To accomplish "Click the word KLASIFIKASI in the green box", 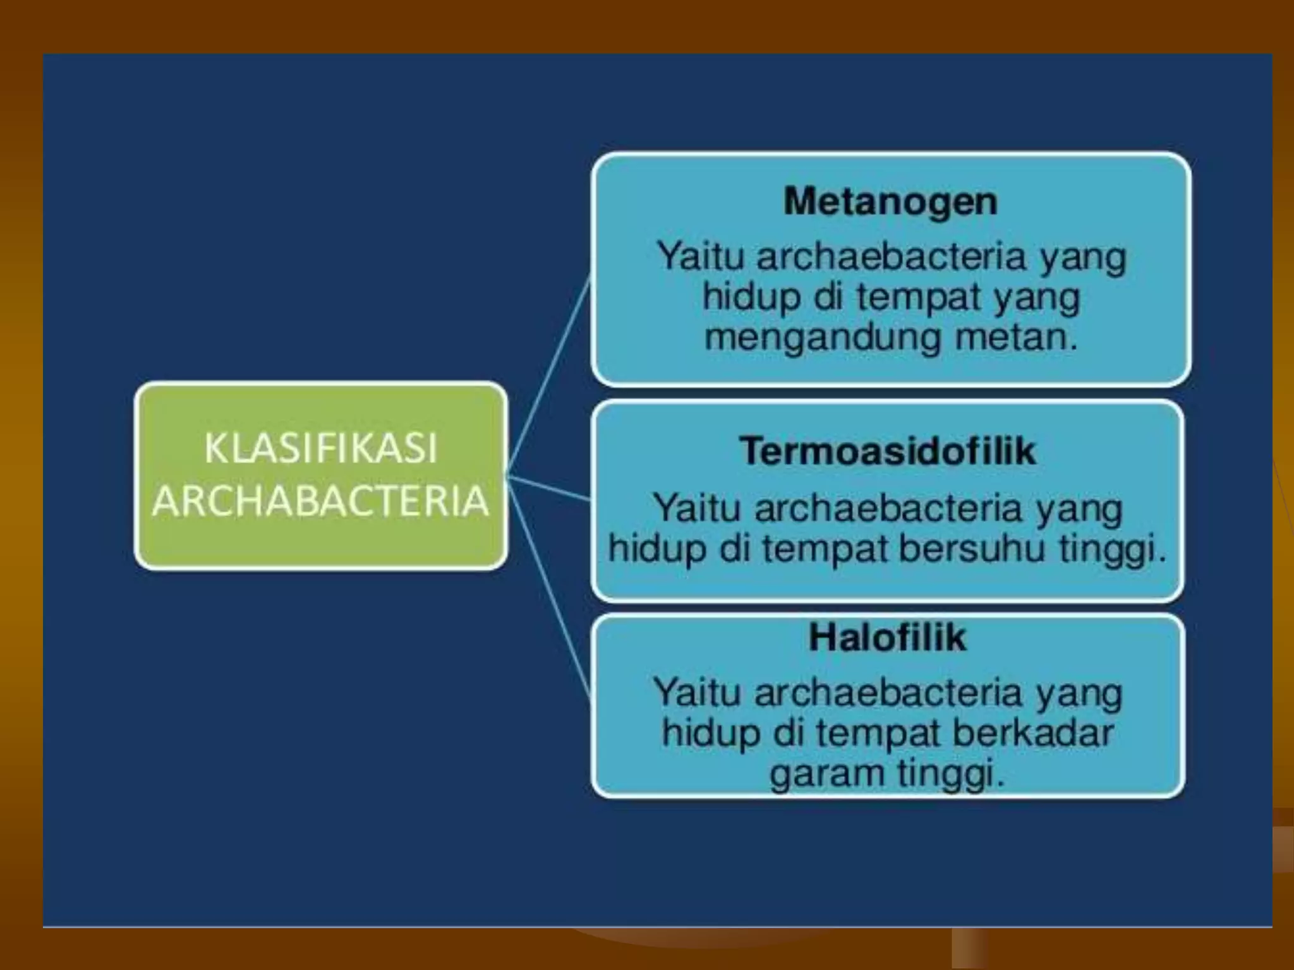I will pyautogui.click(x=320, y=448).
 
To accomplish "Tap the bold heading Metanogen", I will pyautogui.click(x=890, y=202).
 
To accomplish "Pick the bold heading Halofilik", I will pyautogui.click(x=887, y=637).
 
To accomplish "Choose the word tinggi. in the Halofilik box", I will pyautogui.click(x=951, y=773).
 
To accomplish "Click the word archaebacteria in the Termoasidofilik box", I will pyautogui.click(x=888, y=508).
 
